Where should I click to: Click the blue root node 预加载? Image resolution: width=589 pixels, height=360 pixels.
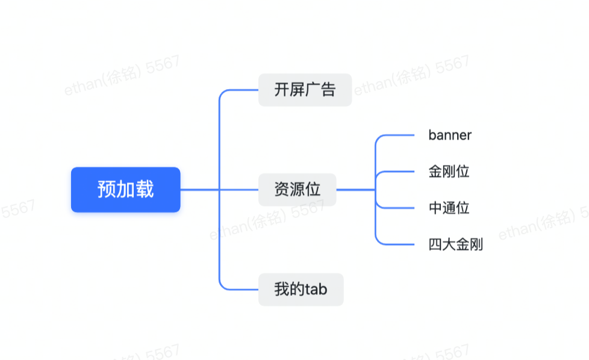(x=125, y=190)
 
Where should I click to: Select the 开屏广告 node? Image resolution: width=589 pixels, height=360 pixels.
(x=305, y=90)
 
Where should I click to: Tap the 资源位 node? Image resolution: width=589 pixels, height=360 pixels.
(x=297, y=190)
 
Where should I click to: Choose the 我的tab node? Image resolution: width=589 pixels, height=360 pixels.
(x=301, y=290)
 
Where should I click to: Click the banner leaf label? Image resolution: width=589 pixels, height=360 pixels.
(x=450, y=135)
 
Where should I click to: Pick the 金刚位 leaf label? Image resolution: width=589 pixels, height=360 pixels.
(x=449, y=172)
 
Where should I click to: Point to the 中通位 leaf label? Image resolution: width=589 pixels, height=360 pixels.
(x=449, y=208)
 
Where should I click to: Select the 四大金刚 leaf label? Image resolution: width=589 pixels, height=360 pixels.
(x=455, y=244)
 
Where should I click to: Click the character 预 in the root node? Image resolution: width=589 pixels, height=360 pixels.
(x=107, y=190)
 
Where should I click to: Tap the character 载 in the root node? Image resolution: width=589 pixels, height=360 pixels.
(x=145, y=190)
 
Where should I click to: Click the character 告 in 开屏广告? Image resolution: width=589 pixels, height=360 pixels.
(x=328, y=90)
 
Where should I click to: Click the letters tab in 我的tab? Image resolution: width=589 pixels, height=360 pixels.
(x=316, y=290)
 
